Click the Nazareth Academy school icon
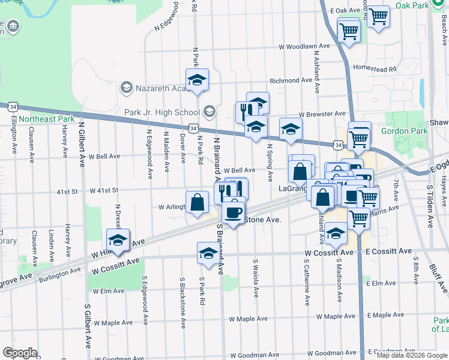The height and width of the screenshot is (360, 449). pyautogui.click(x=126, y=88)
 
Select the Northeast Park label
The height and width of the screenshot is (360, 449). pyautogui.click(x=46, y=119)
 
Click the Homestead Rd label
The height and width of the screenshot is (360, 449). pyautogui.click(x=376, y=68)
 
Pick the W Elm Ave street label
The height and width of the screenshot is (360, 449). pyautogui.click(x=108, y=291)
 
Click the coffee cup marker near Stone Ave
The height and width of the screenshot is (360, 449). pyautogui.click(x=233, y=211)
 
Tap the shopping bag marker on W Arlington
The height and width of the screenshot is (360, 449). pyautogui.click(x=197, y=202)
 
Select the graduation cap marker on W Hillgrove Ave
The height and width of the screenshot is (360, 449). pyautogui.click(x=118, y=241)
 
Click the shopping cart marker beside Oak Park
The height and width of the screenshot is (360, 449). pyautogui.click(x=378, y=17)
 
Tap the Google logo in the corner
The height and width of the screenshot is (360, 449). pyautogui.click(x=20, y=353)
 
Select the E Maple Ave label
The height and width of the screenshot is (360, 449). pyautogui.click(x=388, y=315)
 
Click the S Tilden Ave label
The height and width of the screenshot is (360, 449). pyautogui.click(x=430, y=206)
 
